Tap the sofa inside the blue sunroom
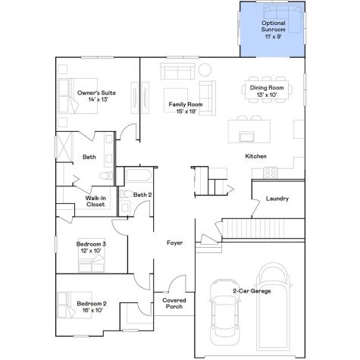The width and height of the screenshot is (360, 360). tap(279, 14)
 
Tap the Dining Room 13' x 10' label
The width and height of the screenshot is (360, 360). tap(267, 92)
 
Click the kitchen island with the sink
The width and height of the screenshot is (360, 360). tap(246, 135)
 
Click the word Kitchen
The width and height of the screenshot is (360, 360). tap(255, 156)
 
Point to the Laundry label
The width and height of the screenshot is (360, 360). tap(277, 199)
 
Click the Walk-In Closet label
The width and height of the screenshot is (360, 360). tap(95, 201)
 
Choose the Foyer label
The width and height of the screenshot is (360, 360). tap(176, 243)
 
